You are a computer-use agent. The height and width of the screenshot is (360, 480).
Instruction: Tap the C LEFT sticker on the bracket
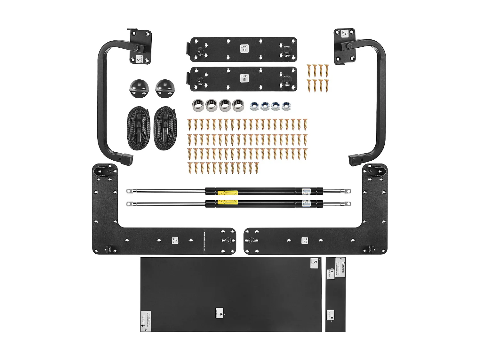pos(345,33)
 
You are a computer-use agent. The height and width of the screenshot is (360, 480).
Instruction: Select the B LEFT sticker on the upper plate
pos(244,49)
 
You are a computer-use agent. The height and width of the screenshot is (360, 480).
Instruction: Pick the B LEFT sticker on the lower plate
pos(244,78)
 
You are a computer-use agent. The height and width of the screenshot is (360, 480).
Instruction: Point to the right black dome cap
pos(165,88)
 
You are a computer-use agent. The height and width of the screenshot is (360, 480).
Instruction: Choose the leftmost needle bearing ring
pos(198,105)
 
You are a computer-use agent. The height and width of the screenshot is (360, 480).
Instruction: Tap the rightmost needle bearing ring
pos(238,105)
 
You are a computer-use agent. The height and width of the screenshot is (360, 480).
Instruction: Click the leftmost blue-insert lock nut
pos(254,106)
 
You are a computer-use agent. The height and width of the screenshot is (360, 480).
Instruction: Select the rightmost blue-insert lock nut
pos(286,106)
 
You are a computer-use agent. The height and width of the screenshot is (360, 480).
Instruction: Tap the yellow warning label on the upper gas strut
pos(228,193)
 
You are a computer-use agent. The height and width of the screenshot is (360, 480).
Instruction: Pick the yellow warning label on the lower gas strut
pos(228,202)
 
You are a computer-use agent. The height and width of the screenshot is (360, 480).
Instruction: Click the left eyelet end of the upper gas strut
pos(129,191)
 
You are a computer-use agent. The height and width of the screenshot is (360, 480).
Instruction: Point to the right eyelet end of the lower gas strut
pos(348,204)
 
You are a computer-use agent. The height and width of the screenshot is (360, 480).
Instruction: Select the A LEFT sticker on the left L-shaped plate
pos(175,240)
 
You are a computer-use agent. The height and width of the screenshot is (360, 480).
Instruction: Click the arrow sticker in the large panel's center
pos(220,313)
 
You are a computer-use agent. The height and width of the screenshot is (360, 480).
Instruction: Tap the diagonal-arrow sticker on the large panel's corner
pos(315,263)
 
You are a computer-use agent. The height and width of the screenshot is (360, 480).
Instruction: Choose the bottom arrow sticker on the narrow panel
pos(331,315)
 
